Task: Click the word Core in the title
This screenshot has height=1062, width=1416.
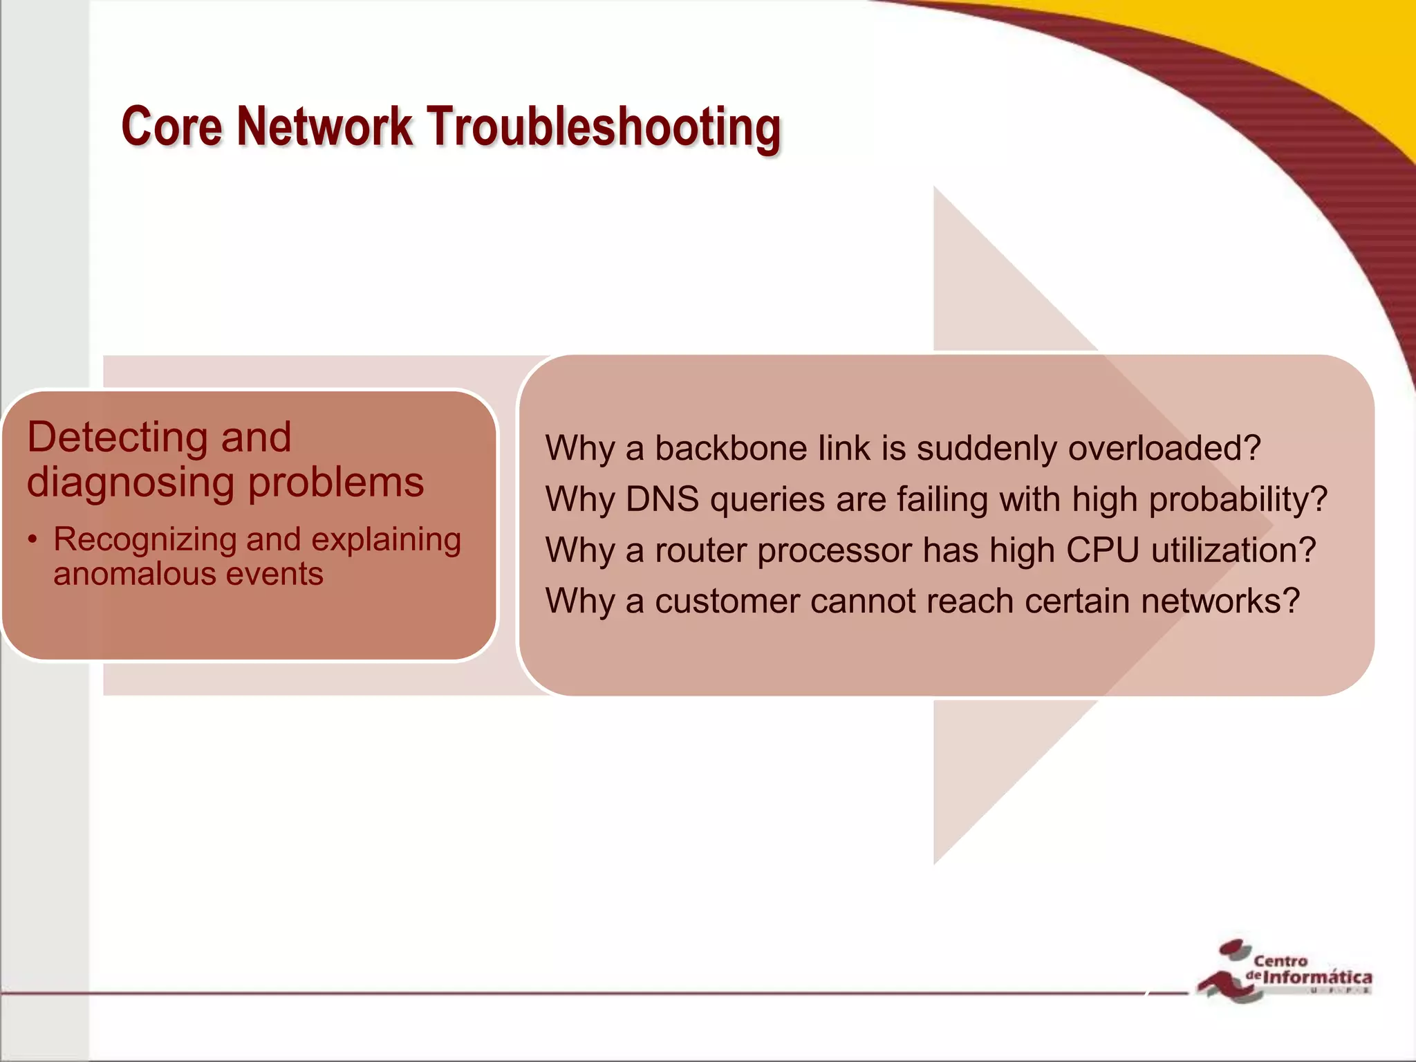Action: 171,127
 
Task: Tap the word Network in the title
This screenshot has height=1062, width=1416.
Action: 324,127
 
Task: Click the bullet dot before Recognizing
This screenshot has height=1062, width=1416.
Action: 32,540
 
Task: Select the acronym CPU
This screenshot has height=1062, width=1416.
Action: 1102,550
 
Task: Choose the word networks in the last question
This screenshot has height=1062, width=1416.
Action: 1220,601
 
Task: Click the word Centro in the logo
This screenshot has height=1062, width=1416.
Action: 1280,960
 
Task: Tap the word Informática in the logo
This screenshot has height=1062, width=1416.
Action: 1317,978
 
